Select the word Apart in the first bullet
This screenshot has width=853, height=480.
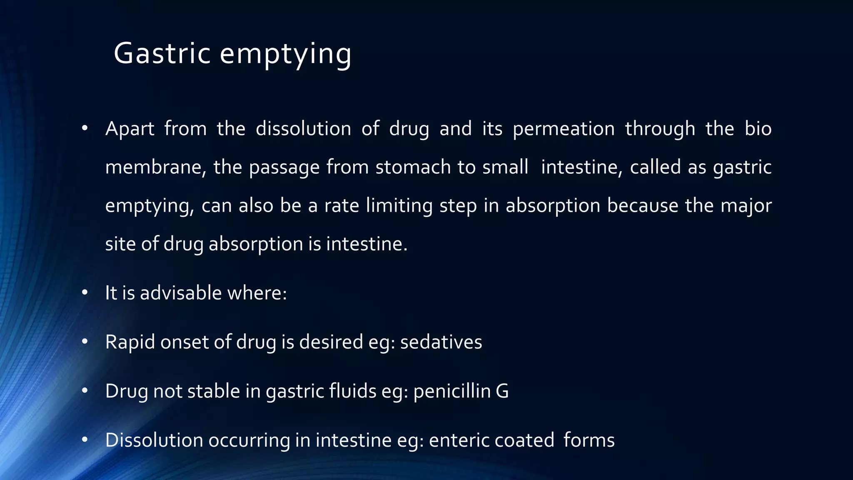(x=130, y=129)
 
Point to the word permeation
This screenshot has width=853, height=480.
(x=564, y=129)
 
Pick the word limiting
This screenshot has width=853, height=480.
(x=399, y=205)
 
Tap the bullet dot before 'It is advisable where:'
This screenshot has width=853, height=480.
(x=85, y=292)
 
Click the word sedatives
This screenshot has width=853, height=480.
(x=441, y=342)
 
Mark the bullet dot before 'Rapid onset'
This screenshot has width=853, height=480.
(x=85, y=342)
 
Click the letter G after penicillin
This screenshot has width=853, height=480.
(x=502, y=391)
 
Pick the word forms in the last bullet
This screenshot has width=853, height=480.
(x=589, y=440)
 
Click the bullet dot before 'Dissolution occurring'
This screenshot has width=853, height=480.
(x=85, y=440)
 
